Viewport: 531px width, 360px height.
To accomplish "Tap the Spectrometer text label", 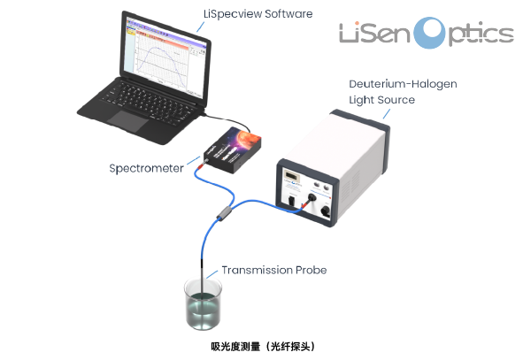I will [146, 168].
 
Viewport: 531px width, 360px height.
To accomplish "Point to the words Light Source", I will [382, 100].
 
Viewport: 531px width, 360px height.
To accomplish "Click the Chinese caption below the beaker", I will [264, 347].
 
